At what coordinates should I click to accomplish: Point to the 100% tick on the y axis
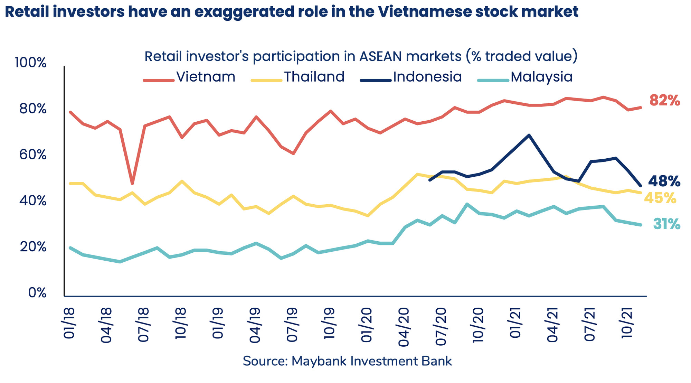tap(31, 63)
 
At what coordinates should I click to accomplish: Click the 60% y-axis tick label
tap(32, 155)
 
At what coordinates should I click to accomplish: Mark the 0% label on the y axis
tap(37, 293)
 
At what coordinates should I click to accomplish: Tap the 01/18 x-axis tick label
tap(69, 323)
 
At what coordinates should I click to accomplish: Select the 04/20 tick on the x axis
tap(404, 327)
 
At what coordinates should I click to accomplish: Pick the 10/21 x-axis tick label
tap(626, 323)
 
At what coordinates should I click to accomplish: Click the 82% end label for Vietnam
tap(664, 101)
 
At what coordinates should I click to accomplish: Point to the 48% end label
tap(664, 181)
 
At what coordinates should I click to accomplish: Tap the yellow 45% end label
tap(660, 198)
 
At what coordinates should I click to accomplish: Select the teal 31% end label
tap(666, 224)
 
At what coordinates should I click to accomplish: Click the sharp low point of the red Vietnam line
tap(132, 184)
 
